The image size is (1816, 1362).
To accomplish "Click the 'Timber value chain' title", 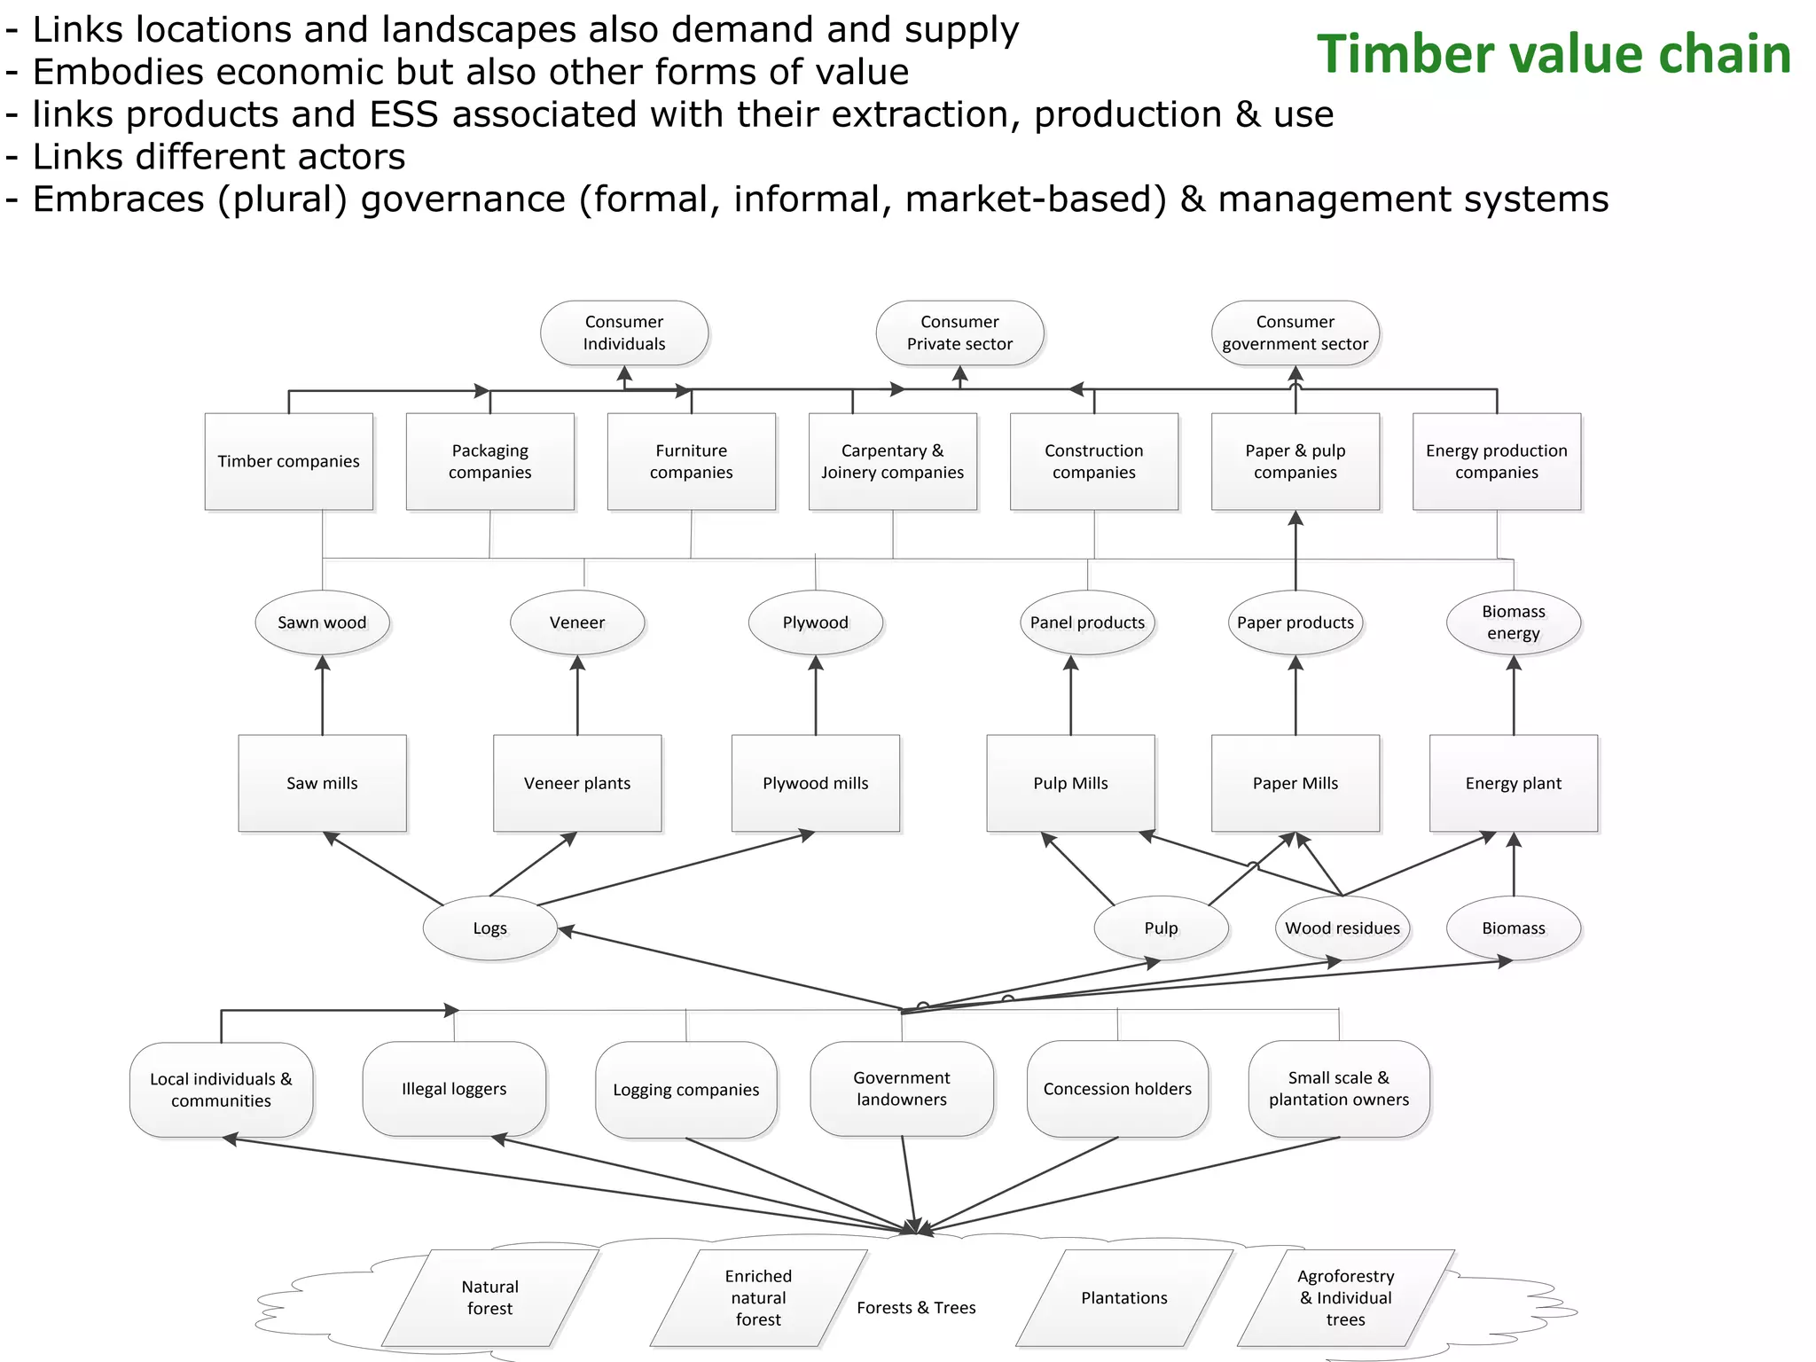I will [1554, 54].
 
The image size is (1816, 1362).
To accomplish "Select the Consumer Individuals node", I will [623, 333].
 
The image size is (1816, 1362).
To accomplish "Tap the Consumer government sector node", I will [1295, 333].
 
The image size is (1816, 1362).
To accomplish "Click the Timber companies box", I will [288, 461].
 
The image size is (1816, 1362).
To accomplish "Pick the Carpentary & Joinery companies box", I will [892, 461].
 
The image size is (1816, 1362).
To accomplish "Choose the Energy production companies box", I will [1496, 461].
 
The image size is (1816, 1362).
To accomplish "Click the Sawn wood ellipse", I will [322, 622].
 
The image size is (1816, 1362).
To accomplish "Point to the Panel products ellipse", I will [1087, 622].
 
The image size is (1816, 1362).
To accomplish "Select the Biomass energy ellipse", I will [1513, 622].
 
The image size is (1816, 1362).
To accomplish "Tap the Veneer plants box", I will [576, 783].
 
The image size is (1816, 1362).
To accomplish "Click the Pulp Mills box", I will [1070, 783].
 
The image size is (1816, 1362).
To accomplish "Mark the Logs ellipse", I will [489, 928].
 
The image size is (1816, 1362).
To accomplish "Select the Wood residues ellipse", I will [1342, 928].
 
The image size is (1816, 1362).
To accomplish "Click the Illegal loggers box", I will [454, 1089].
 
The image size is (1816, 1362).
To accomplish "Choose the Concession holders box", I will [1117, 1089].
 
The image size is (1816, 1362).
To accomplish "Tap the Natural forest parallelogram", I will [489, 1297].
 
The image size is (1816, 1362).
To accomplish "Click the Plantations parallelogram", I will [1123, 1297].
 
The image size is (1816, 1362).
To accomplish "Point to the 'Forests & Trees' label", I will [916, 1308].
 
